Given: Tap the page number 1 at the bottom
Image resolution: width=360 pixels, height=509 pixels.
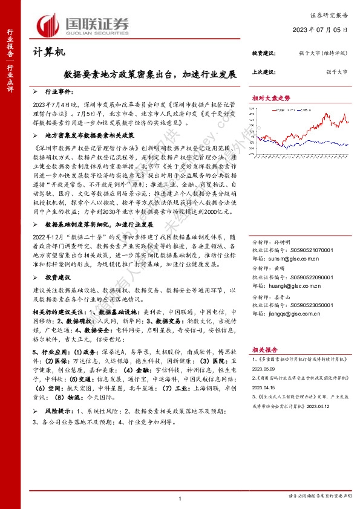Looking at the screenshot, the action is pyautogui.click(x=180, y=498).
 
